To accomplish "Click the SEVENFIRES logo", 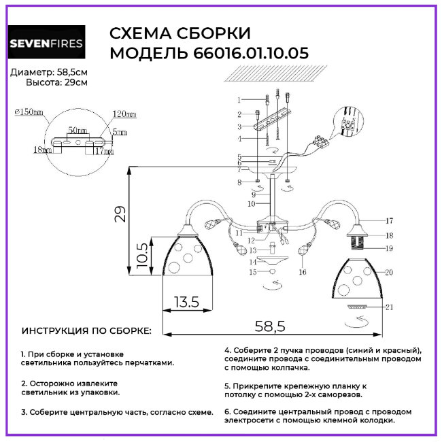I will coord(46,44).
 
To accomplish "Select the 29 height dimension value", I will coord(120,216).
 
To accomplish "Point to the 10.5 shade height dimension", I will coord(140,254).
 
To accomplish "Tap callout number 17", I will coord(389,221).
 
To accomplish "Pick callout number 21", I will coord(389,307).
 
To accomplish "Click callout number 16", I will coord(303,272).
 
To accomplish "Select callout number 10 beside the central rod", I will coord(251,203).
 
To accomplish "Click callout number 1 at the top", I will coord(239,100).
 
